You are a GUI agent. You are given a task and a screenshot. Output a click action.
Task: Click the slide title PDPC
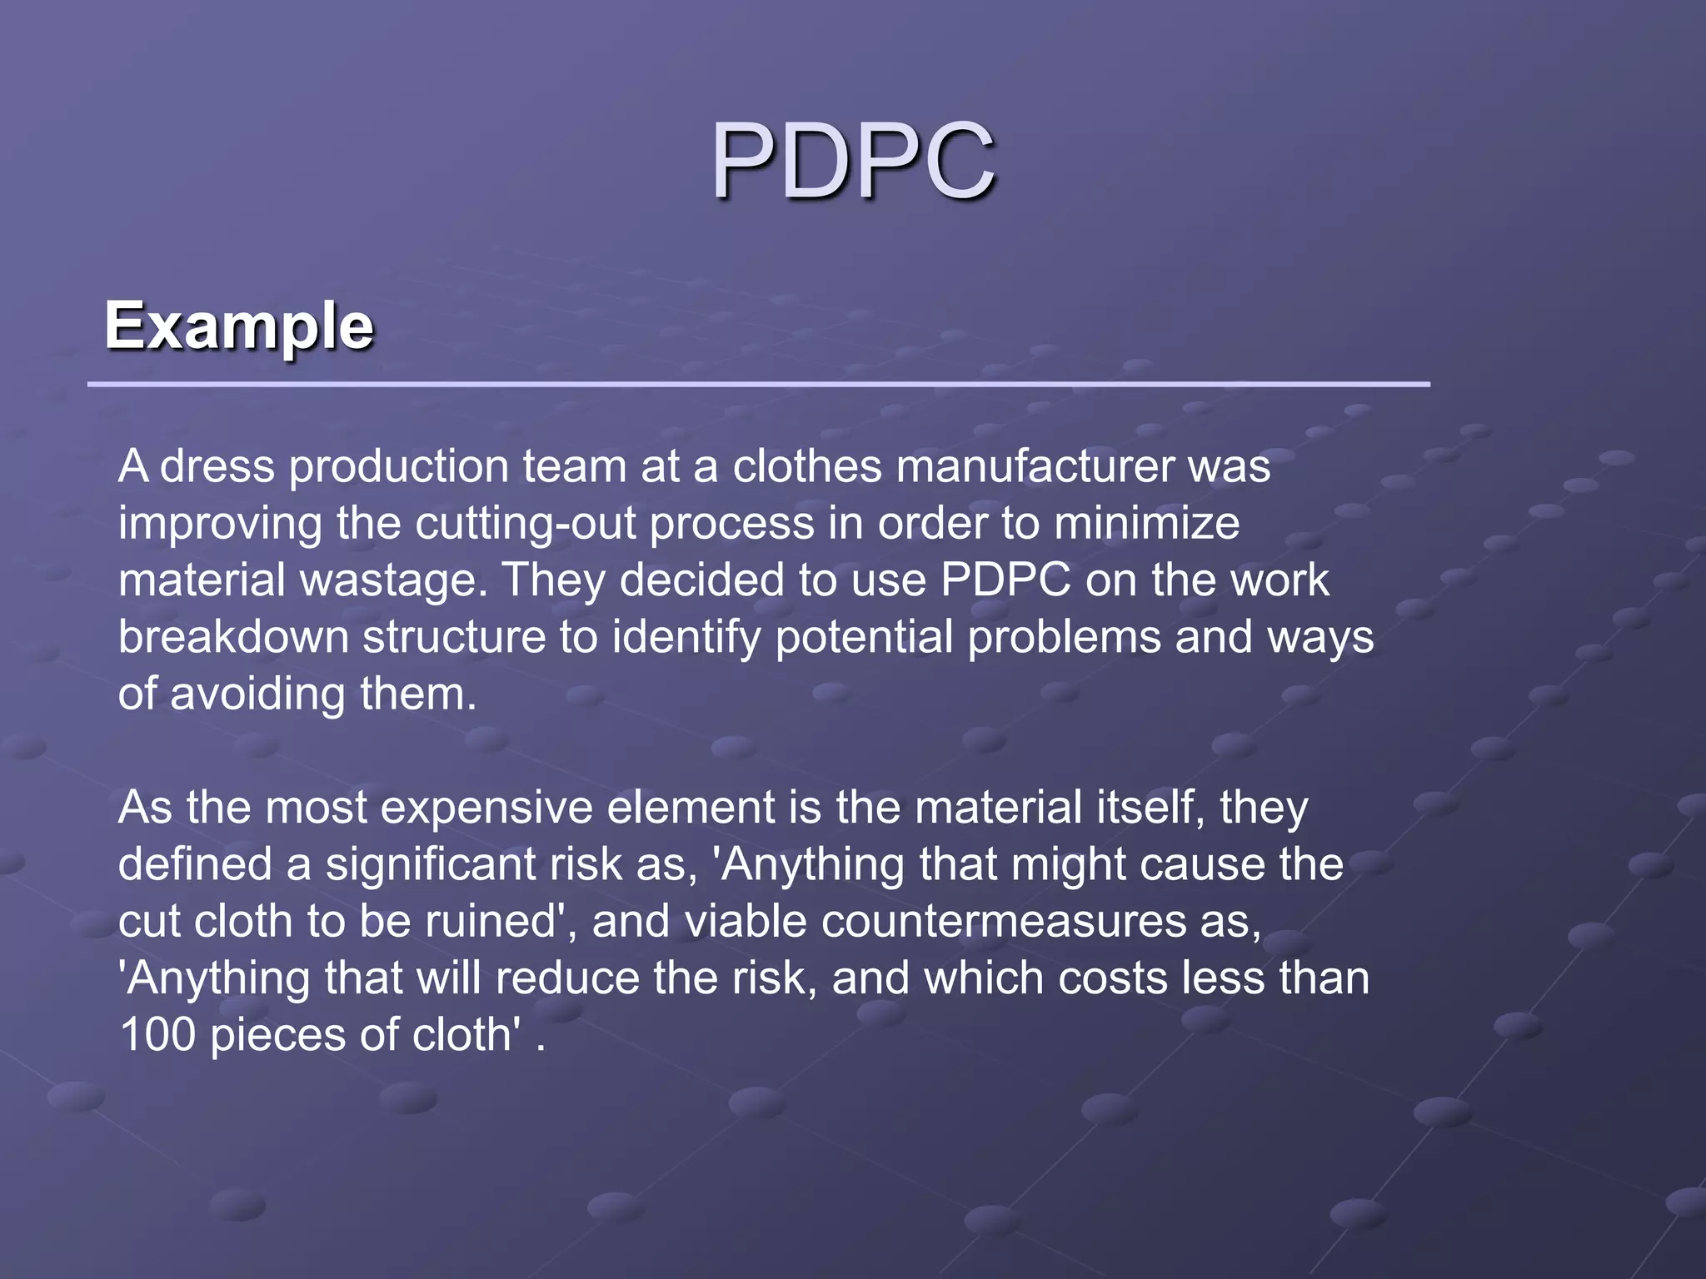(852, 160)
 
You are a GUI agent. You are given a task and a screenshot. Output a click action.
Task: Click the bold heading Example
(239, 326)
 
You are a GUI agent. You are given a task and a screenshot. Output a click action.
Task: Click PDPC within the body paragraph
(1005, 580)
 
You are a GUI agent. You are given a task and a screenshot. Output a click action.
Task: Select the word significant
(430, 864)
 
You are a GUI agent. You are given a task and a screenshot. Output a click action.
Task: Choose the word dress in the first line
(217, 466)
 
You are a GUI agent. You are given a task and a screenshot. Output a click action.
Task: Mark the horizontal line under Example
(758, 385)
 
